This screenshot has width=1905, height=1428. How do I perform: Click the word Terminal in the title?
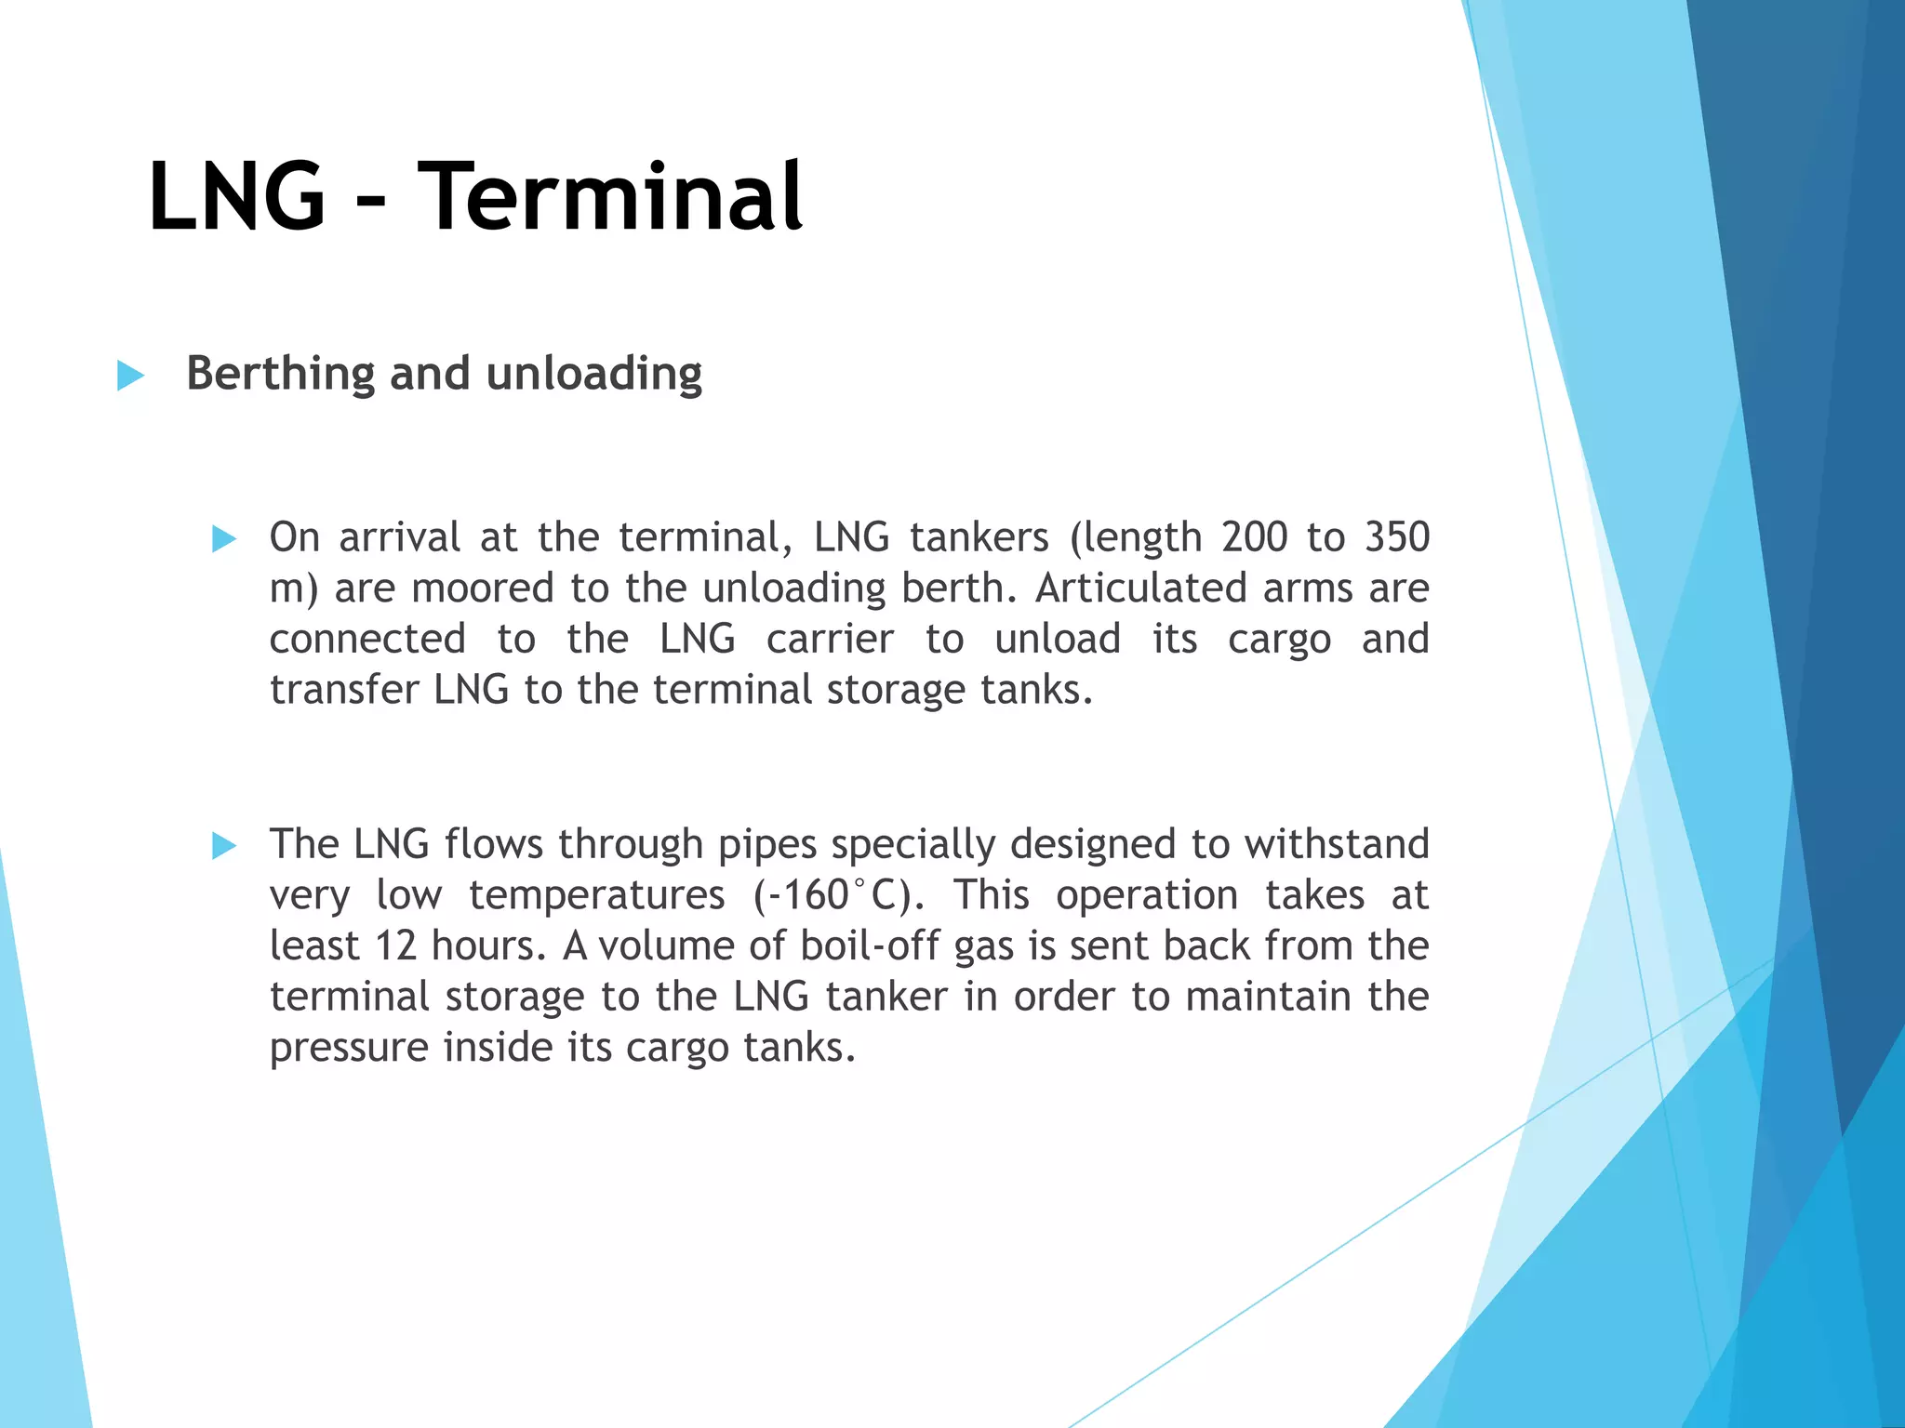pos(609,197)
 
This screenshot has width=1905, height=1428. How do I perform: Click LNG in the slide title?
pos(237,197)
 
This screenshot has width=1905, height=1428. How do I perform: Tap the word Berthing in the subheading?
pos(280,375)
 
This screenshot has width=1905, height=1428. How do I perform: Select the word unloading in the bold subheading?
pos(593,375)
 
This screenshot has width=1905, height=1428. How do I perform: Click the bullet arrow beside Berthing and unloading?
pos(130,377)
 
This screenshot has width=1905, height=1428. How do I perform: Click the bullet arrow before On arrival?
pos(224,538)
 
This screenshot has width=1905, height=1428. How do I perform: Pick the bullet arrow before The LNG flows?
pos(224,845)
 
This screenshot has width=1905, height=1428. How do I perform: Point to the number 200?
pos(1255,537)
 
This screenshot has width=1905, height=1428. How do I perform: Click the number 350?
pos(1396,537)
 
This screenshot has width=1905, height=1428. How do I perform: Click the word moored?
pos(483,588)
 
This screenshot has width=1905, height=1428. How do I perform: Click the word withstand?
pos(1337,844)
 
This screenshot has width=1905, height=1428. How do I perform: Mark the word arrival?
pos(399,537)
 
